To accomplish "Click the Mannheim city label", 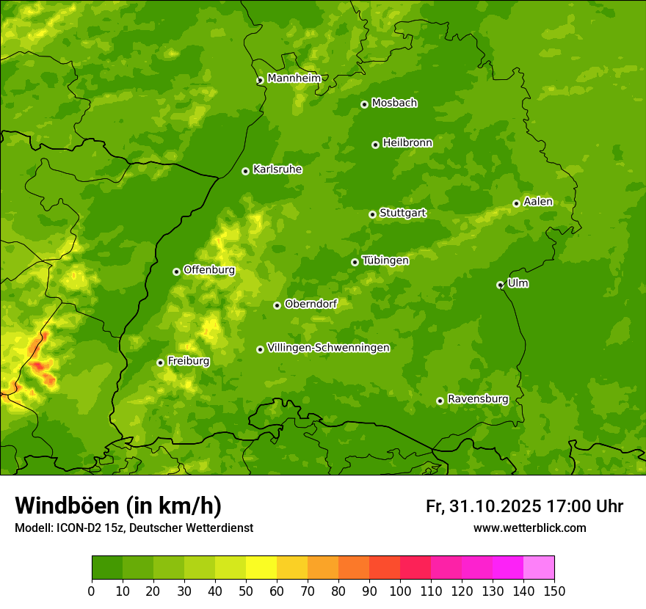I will (x=294, y=79).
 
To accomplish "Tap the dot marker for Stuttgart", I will (x=372, y=214).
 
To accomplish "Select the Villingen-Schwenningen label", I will (x=329, y=348).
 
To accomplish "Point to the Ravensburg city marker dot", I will (x=440, y=401).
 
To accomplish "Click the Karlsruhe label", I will (x=277, y=169).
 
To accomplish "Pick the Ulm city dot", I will (x=500, y=285).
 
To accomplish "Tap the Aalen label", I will (x=538, y=202).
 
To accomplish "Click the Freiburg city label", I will (x=189, y=361).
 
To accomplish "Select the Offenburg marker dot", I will (x=176, y=271).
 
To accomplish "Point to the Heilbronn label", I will (x=407, y=143).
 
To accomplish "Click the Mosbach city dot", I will (x=364, y=104).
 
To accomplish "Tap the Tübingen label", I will (x=385, y=260).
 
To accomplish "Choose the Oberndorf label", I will (x=311, y=304).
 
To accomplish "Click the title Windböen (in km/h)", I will (x=118, y=506).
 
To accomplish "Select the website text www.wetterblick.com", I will (x=529, y=528).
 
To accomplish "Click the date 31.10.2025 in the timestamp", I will (x=496, y=506).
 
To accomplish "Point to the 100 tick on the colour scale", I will (x=400, y=591).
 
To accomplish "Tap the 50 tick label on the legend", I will (x=246, y=591).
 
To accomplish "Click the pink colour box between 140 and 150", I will (x=539, y=568).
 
